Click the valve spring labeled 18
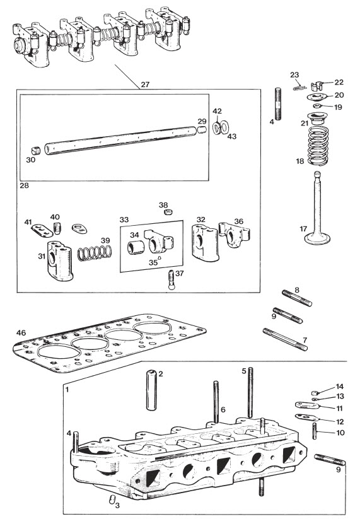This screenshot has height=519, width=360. tap(318, 145)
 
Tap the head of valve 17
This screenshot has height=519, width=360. tap(317, 238)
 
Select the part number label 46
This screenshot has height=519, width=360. tap(21, 332)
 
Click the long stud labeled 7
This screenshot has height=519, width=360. tap(285, 339)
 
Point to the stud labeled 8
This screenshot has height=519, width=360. tap(297, 298)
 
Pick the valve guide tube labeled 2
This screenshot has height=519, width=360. tap(151, 390)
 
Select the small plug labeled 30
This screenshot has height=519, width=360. tap(36, 151)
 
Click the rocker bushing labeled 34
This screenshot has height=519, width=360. tap(136, 248)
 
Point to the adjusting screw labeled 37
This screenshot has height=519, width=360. tap(171, 280)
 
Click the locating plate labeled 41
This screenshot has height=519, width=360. tap(42, 231)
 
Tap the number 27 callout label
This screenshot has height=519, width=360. tap(145, 85)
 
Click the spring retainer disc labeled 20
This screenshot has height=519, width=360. tap(316, 96)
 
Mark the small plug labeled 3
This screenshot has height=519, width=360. tap(112, 499)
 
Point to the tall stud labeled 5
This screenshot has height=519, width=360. tap(250, 392)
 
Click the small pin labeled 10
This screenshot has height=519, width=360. tap(315, 431)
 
